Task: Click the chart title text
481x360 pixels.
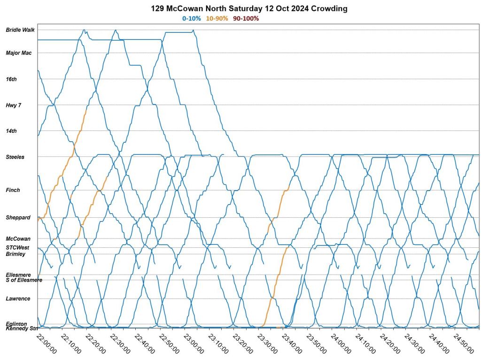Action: coord(249,9)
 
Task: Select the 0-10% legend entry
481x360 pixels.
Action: coord(191,18)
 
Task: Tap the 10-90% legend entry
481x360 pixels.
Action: coord(217,18)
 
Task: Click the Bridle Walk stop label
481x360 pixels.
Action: coord(20,30)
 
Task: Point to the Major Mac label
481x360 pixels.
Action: coord(19,53)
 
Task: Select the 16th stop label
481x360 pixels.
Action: coord(11,79)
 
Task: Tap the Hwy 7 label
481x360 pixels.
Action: coord(14,106)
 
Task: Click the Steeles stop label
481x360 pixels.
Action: coord(15,157)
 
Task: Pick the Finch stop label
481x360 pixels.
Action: coord(13,190)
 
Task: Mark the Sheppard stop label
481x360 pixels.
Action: coord(18,218)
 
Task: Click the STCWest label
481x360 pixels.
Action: coord(17,247)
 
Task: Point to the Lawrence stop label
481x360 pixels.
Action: coord(18,299)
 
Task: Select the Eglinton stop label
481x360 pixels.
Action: coord(16,324)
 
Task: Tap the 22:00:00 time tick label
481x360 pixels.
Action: coord(47,345)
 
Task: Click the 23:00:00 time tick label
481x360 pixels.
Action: coord(193,345)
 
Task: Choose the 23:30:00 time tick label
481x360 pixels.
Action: coord(266,345)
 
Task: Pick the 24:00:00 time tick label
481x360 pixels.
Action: coord(340,345)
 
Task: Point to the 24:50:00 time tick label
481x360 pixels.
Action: coord(462,345)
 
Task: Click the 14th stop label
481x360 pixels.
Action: coord(11,131)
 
